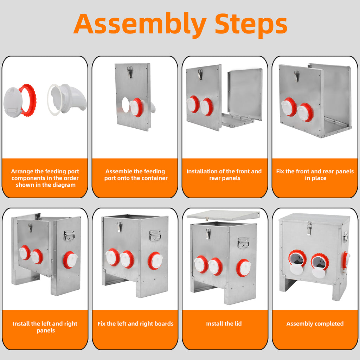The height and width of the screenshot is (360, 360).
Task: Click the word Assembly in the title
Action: tap(140, 25)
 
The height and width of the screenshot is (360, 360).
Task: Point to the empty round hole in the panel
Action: tap(126, 105)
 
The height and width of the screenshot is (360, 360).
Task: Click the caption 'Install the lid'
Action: tap(224, 323)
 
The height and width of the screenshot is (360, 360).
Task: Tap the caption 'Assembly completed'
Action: tap(315, 324)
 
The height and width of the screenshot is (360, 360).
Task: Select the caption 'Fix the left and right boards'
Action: tap(135, 323)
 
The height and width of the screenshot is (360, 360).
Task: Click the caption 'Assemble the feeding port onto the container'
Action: tap(136, 175)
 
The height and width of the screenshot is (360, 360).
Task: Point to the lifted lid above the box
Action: tap(223, 216)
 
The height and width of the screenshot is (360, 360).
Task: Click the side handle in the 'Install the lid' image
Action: tap(243, 243)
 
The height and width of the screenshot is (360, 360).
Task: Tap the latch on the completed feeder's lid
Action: tap(309, 228)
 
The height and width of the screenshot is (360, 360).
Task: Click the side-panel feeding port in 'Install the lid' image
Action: tap(244, 268)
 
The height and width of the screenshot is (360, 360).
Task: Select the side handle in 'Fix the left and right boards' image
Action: tap(155, 236)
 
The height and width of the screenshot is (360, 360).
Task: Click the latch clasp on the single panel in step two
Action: tap(130, 72)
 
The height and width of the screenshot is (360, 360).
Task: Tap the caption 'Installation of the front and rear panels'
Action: tap(224, 175)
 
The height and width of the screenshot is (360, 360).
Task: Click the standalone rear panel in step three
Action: tap(245, 94)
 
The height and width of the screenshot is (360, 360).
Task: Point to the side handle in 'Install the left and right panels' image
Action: tap(69, 236)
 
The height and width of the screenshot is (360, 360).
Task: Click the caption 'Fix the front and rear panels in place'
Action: tap(315, 175)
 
